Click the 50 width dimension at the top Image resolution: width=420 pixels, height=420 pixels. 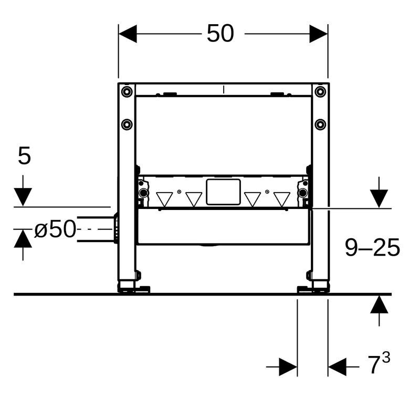click(x=220, y=34)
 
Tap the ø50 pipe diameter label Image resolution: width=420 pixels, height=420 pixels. click(x=55, y=229)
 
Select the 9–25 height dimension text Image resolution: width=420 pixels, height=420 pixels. click(x=372, y=247)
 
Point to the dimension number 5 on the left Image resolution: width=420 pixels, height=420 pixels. click(x=24, y=156)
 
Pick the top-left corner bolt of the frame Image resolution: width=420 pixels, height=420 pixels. click(x=127, y=92)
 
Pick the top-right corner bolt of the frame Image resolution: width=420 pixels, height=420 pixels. click(x=320, y=92)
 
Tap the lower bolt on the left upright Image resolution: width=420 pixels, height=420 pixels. click(x=127, y=124)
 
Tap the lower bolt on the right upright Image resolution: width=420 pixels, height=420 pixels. click(x=320, y=124)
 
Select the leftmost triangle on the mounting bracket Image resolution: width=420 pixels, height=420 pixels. click(x=164, y=198)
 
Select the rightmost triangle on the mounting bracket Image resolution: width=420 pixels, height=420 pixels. click(x=282, y=198)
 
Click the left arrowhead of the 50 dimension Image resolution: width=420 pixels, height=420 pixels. click(x=128, y=34)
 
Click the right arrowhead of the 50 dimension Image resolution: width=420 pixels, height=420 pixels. click(x=319, y=34)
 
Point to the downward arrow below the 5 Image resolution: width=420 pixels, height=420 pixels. click(x=23, y=197)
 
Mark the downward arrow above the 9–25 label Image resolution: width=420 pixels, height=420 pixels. click(x=379, y=198)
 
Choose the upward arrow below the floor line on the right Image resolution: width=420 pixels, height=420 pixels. click(x=379, y=304)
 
